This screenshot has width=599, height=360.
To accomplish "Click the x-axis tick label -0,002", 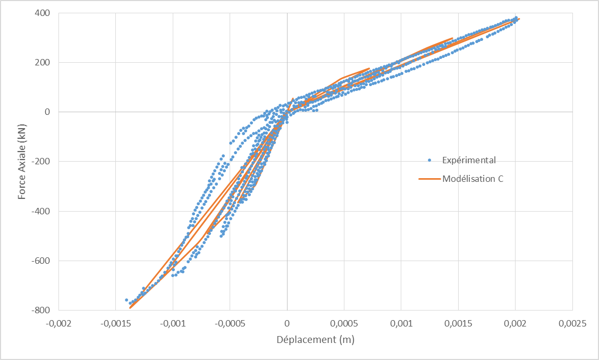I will click(x=58, y=323).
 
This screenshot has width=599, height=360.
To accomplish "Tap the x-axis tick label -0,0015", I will click(x=115, y=323).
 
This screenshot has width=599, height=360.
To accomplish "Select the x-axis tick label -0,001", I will click(x=173, y=323).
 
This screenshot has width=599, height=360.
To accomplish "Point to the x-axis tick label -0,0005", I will click(x=230, y=323).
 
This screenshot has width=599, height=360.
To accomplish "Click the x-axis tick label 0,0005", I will click(x=344, y=323).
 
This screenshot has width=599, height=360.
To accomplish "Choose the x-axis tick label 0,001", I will click(x=401, y=323).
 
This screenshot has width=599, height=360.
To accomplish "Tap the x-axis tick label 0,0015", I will click(x=458, y=323).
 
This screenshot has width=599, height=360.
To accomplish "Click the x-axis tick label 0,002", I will click(x=516, y=323).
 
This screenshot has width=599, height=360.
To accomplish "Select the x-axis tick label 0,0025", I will click(x=572, y=323).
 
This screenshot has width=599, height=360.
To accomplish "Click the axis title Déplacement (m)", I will click(x=315, y=339).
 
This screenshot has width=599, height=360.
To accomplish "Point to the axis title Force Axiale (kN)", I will click(x=22, y=161).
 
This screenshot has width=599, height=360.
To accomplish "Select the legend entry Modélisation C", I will click(x=473, y=179).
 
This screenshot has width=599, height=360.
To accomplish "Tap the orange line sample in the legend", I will click(x=429, y=179).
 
